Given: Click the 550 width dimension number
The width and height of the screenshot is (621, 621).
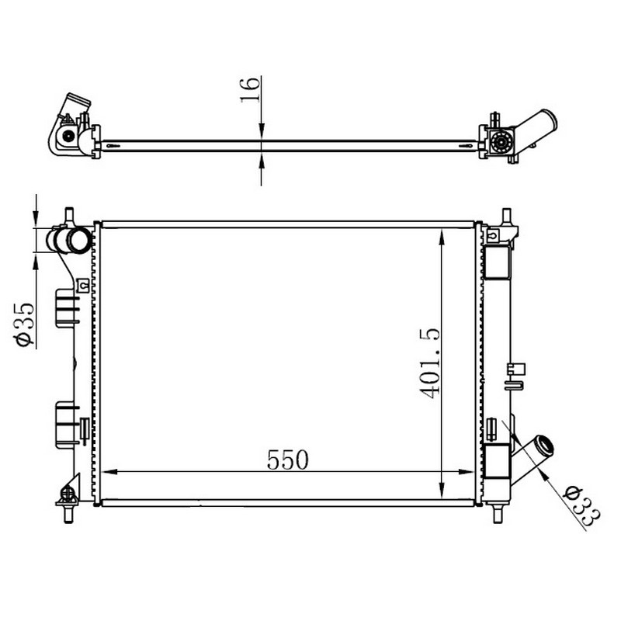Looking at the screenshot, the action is point(287,460).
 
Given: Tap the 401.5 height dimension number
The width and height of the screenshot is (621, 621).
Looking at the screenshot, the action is point(429,363).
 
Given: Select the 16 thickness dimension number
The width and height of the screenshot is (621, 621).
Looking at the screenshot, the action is point(250,90).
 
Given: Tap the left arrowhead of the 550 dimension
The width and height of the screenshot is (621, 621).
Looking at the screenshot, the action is point(109,472).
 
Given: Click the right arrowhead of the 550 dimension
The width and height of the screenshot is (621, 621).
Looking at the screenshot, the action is point(467,472).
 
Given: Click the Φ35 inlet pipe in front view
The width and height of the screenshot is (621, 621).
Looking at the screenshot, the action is point(69,240).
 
